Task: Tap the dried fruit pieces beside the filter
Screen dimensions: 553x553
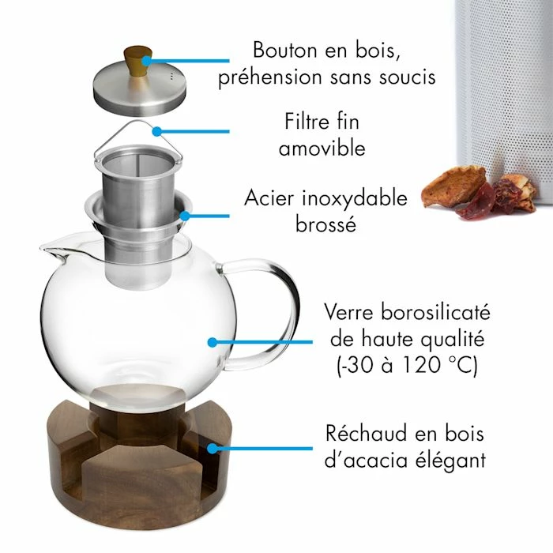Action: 480,194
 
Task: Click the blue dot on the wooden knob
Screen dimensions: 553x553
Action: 146,61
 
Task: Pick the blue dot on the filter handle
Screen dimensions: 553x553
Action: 157,132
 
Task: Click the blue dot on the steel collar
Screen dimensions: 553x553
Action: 184,216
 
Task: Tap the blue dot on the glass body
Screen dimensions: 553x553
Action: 213,342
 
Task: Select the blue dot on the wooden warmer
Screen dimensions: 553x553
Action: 212,449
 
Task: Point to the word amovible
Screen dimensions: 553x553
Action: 322,148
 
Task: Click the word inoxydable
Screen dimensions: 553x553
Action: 355,198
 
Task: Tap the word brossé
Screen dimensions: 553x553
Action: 325,224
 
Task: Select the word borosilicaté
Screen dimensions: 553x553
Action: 436,312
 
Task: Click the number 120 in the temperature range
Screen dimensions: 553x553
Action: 421,364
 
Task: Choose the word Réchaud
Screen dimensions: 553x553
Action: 367,433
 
